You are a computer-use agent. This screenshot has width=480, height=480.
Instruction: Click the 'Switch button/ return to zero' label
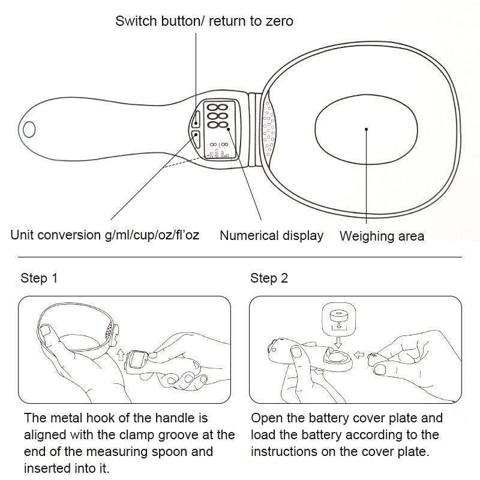pos(204,22)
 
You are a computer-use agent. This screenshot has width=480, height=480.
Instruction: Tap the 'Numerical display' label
pos(271,236)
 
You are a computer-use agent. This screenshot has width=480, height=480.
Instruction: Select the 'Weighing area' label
pos(382,236)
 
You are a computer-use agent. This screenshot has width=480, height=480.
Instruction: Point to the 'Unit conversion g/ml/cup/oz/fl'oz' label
pos(105,235)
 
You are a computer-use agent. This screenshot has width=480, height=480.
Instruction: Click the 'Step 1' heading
pos(39,278)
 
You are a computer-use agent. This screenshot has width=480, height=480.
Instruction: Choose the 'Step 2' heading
pos(269,278)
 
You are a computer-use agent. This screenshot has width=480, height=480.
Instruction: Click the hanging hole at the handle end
pos(29,128)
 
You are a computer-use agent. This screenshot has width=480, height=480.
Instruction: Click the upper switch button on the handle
pos(197,118)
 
